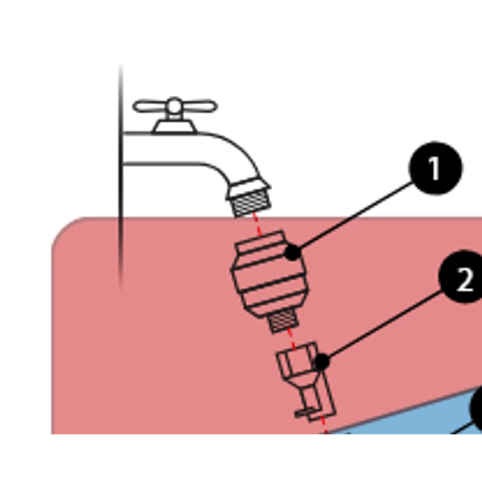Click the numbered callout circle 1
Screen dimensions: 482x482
[x=436, y=168]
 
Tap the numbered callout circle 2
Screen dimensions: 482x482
[x=462, y=278]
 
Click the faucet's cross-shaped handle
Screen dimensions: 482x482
[x=175, y=107]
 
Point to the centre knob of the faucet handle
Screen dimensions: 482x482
[x=175, y=106]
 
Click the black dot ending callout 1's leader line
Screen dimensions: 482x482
[x=293, y=252]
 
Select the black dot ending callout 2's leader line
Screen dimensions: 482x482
[x=322, y=362]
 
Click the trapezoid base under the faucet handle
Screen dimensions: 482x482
[x=175, y=127]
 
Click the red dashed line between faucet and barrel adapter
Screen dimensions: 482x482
[x=258, y=224]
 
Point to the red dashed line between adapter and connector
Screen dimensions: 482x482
[x=292, y=339]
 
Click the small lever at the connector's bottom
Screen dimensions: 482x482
[x=304, y=413]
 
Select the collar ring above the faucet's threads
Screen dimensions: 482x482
[x=248, y=187]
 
